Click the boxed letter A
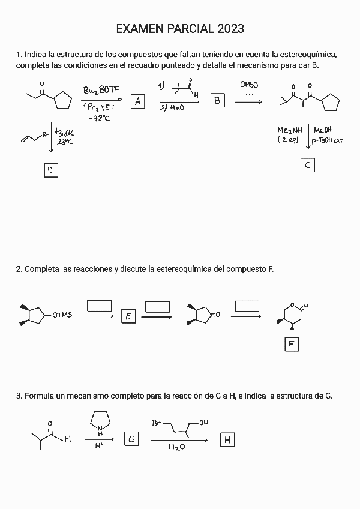pyautogui.click(x=138, y=101)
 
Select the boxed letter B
pyautogui.click(x=217, y=101)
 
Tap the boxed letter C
pyautogui.click(x=307, y=165)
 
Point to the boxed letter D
pyautogui.click(x=50, y=170)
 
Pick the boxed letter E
pyautogui.click(x=128, y=316)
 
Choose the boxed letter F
pyautogui.click(x=292, y=344)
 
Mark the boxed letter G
pyautogui.click(x=131, y=439)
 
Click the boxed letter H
pyautogui.click(x=227, y=440)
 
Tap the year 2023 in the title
pyautogui.click(x=227, y=29)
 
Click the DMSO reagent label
pyautogui.click(x=248, y=85)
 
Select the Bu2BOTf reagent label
pyautogui.click(x=101, y=91)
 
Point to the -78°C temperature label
pyautogui.click(x=99, y=118)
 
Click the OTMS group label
pyautogui.click(x=62, y=315)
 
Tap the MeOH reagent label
pyautogui.click(x=323, y=130)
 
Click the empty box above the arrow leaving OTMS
pyautogui.click(x=100, y=306)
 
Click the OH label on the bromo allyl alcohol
pyautogui.click(x=203, y=423)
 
